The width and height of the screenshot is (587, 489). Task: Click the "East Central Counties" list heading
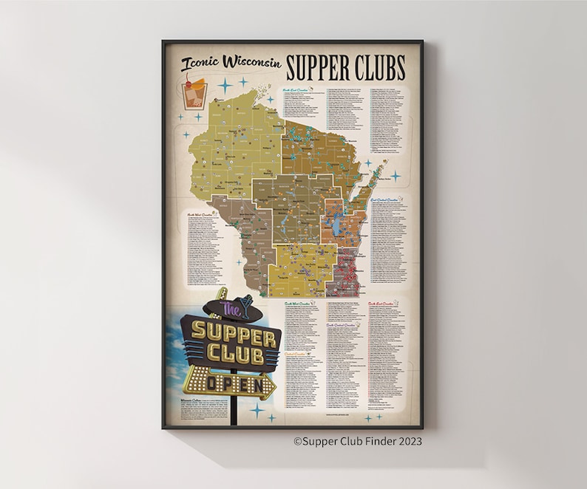pyautogui.click(x=385, y=199)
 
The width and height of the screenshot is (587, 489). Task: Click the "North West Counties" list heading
pyautogui.click(x=198, y=213)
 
